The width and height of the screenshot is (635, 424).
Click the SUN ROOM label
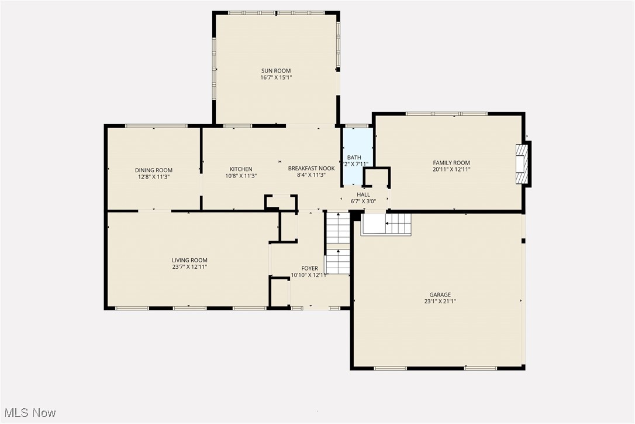coord(275,71)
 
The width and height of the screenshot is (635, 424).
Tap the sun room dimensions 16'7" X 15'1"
coord(275,77)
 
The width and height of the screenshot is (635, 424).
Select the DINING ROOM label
coord(154,170)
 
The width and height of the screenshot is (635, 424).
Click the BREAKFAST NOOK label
coord(311,169)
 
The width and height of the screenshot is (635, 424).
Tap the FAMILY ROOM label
coord(451,163)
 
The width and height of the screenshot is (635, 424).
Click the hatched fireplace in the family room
coord(522,164)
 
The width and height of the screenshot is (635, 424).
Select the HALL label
coord(363,194)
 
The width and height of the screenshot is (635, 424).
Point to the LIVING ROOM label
coord(189,261)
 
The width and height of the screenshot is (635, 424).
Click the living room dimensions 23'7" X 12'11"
coord(189,267)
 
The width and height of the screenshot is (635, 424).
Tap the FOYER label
coord(309,269)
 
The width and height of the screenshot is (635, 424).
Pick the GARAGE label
coord(440,295)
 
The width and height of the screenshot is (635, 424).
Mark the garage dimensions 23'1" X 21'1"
coord(440,302)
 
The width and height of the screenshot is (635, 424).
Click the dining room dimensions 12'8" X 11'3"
coord(154,176)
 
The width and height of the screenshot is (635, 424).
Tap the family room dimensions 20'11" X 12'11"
coord(451,169)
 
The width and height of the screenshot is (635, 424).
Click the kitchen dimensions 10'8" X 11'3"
coord(241,176)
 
